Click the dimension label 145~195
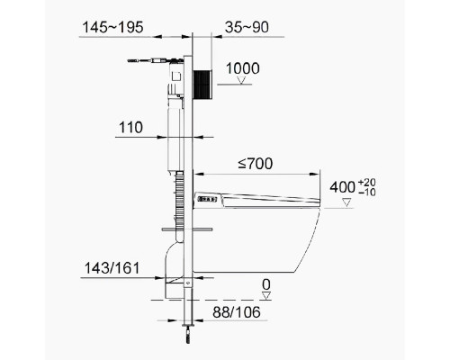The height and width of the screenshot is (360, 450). tap(112, 27)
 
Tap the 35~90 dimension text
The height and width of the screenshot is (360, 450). tap(247, 27)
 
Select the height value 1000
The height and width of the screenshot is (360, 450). tap(243, 68)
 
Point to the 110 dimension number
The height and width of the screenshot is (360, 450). tap(130, 128)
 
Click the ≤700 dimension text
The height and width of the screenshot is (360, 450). tap(256, 164)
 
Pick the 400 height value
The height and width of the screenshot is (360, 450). tap(342, 187)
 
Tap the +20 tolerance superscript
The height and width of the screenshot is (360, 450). tap(366, 183)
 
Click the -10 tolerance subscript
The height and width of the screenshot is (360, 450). tap(366, 193)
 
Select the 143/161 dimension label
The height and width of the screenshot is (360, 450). tap(112, 268)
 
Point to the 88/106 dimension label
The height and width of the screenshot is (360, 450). tap(237, 312)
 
